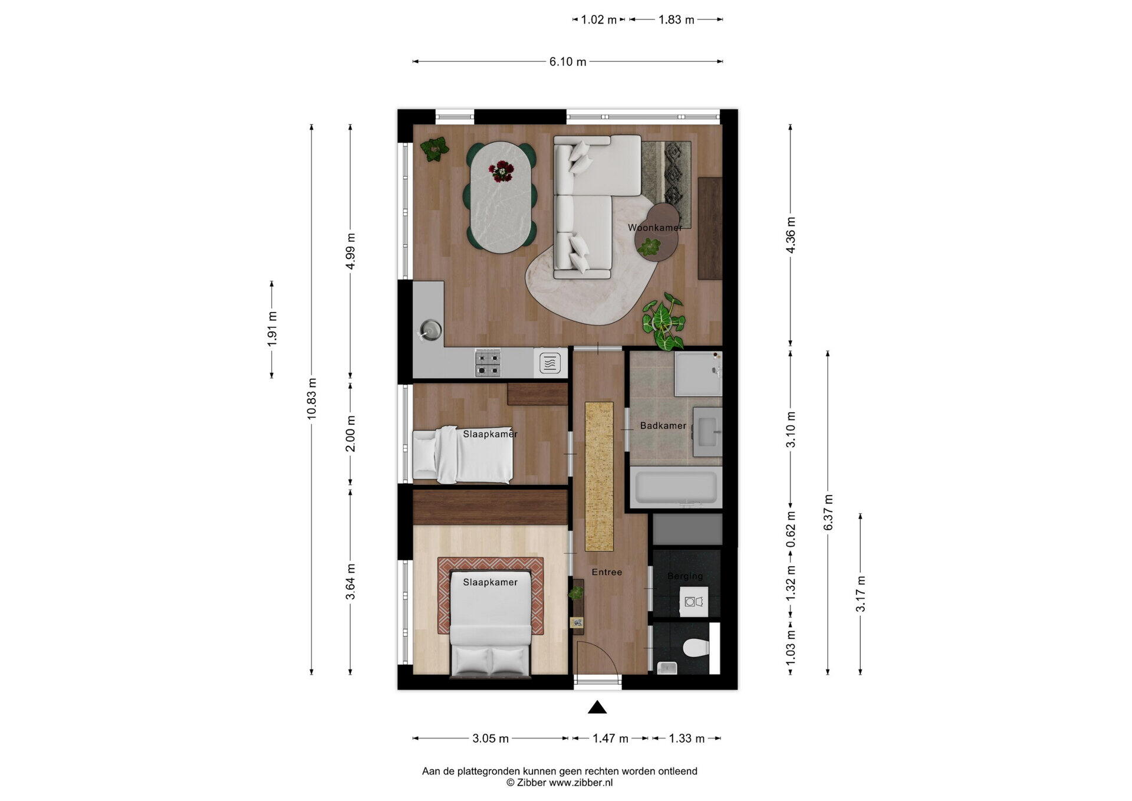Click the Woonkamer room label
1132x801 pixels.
tap(655, 228)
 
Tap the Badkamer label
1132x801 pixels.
tap(663, 426)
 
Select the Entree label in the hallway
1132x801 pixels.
tap(607, 572)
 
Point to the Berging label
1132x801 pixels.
tap(685, 576)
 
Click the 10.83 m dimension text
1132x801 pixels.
tap(312, 399)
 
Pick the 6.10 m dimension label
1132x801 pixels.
tap(568, 62)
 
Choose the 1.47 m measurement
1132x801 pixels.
tap(610, 738)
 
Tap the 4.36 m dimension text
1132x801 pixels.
tap(791, 235)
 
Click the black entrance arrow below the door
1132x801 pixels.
tap(597, 707)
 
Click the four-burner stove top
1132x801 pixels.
tap(488, 363)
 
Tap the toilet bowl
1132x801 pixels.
tap(696, 648)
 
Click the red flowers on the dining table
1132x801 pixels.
tap(501, 171)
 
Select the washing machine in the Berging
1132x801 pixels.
tap(694, 602)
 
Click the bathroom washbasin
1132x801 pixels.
tap(707, 432)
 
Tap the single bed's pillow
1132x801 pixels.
tap(424, 455)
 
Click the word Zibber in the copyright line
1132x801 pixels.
tap(531, 783)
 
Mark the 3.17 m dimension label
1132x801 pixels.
tap(861, 594)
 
